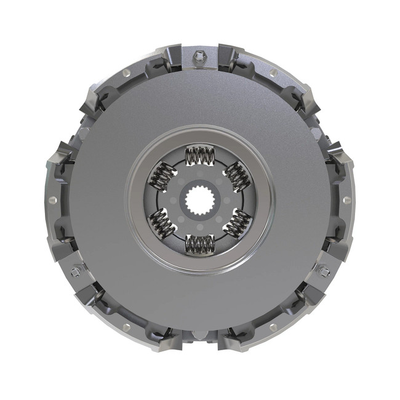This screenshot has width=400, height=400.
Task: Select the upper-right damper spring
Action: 236,177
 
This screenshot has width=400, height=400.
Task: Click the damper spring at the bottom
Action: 199,243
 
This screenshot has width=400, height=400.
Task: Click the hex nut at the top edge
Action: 199,58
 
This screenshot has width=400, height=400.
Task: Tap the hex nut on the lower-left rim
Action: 76,271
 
